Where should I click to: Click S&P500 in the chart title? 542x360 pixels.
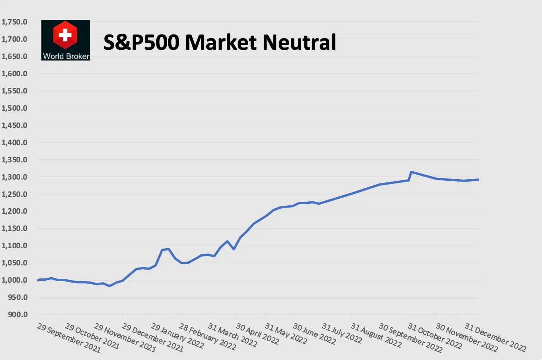(x=141, y=42)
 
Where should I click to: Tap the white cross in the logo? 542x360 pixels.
(x=65, y=35)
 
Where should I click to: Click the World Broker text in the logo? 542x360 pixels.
(x=66, y=56)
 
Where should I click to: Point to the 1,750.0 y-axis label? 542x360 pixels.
(x=15, y=22)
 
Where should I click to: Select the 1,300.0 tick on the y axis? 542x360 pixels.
(x=15, y=177)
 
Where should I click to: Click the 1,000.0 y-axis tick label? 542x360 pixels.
(x=15, y=280)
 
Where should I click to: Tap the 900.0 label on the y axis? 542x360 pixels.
(x=18, y=314)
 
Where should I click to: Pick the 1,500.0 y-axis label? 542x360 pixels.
(x=15, y=108)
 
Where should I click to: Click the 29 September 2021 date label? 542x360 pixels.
(x=69, y=338)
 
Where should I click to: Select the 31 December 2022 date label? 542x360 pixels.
(x=495, y=337)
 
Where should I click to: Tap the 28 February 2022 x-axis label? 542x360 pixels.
(x=207, y=337)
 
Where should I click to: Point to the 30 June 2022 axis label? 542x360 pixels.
(x=314, y=333)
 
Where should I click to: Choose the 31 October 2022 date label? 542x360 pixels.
(x=435, y=335)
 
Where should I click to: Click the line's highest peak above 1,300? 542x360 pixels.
(x=411, y=172)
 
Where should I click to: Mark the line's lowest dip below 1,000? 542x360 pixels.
(x=110, y=286)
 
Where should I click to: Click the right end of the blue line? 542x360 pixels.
(x=478, y=180)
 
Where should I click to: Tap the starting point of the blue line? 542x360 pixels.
(x=38, y=280)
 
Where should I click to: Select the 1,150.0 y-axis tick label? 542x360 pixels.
(x=15, y=228)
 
